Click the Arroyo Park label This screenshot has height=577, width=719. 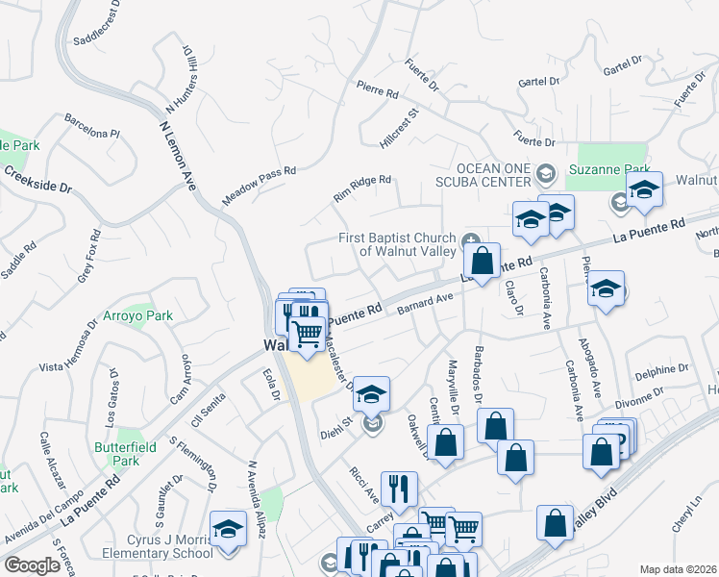138,315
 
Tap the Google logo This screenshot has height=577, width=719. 33,565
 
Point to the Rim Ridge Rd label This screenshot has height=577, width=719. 362,186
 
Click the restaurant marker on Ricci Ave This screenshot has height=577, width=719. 398,489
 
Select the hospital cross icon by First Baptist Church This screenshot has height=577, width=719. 471,239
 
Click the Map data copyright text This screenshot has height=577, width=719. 677,569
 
